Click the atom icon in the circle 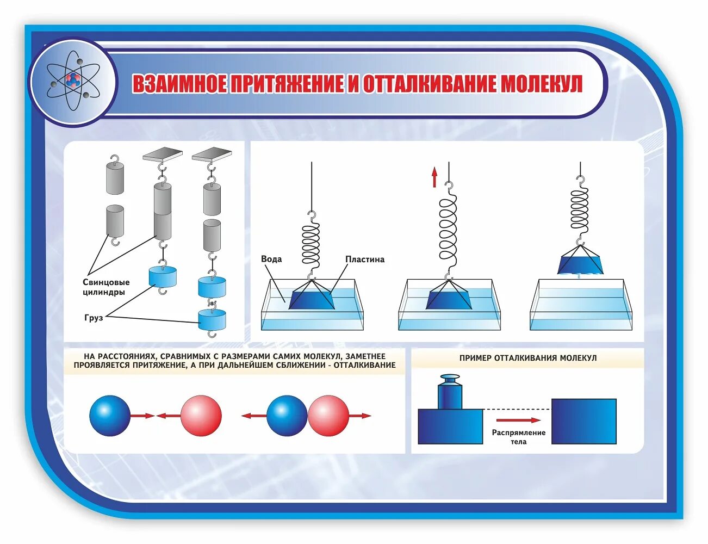click(x=73, y=82)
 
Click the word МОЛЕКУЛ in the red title click(x=541, y=84)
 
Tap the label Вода click(x=271, y=259)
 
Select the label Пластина click(x=364, y=259)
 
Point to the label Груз click(x=94, y=318)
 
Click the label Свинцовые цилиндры click(x=106, y=287)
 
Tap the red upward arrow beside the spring click(x=434, y=177)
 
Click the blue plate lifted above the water click(x=580, y=262)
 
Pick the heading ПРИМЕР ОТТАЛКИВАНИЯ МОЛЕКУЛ click(x=527, y=358)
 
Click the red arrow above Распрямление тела click(x=518, y=420)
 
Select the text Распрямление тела click(x=518, y=437)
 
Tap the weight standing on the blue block click(x=450, y=392)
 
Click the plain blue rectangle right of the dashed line click(x=583, y=421)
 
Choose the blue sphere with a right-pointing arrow click(x=110, y=416)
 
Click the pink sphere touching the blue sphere click(x=328, y=416)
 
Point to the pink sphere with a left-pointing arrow click(x=201, y=416)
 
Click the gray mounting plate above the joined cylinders click(x=162, y=154)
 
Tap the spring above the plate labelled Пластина click(x=311, y=245)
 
